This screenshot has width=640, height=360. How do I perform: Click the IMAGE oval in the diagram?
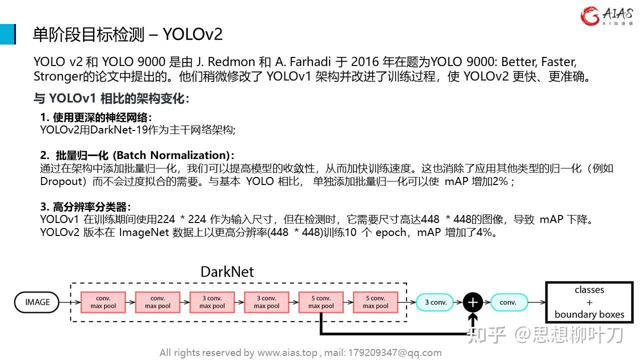pos(37,302)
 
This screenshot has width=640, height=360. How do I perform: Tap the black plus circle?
pos(472,302)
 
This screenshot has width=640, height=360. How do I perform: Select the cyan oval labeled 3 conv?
pos(435,302)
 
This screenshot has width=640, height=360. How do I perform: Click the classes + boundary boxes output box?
pos(589,302)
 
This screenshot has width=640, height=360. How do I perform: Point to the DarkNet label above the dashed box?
pos(227,271)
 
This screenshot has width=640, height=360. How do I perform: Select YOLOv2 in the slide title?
pos(192,34)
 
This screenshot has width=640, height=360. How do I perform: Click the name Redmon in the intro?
pos(231,62)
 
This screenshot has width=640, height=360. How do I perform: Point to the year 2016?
pos(364,62)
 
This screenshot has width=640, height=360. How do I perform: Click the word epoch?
pos(391,232)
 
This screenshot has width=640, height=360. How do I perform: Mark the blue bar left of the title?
pos(7,34)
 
